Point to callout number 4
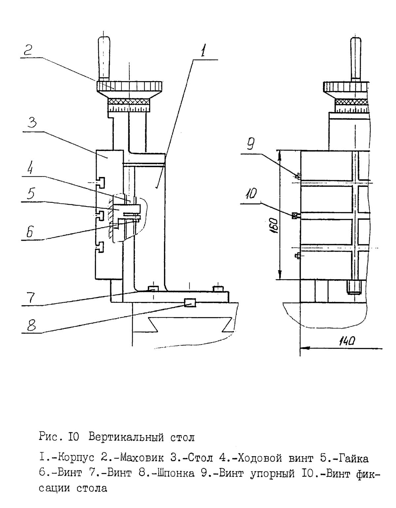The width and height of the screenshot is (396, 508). [x=30, y=169]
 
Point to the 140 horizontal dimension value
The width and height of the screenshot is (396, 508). [x=346, y=342]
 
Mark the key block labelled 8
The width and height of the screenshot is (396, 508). [x=190, y=302]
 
